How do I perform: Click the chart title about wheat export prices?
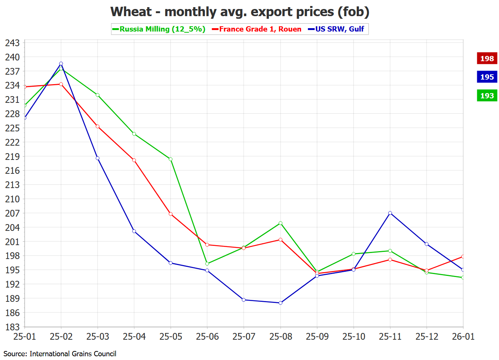pos(240,12)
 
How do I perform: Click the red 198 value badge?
pos(487,59)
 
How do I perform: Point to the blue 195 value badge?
pos(487,77)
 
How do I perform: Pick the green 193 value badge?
pos(487,96)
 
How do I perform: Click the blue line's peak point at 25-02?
pos(61,64)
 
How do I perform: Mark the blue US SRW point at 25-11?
pos(390,213)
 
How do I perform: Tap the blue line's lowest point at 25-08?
pos(280,303)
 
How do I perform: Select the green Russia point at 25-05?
pos(171,159)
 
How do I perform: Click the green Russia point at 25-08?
pos(280,223)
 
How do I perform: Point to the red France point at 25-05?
pos(171,214)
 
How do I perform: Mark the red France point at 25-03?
pos(98,127)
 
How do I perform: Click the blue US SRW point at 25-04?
pos(134,231)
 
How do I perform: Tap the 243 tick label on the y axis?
pos(12,43)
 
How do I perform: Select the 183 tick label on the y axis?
pos(12,327)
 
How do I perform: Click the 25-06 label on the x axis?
pos(207,337)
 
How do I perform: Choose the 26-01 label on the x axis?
pos(463,337)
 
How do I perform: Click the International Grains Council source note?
pos(60,354)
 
